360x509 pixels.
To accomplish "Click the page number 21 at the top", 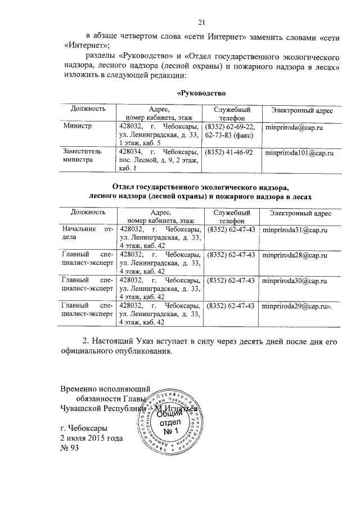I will tap(201, 22).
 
